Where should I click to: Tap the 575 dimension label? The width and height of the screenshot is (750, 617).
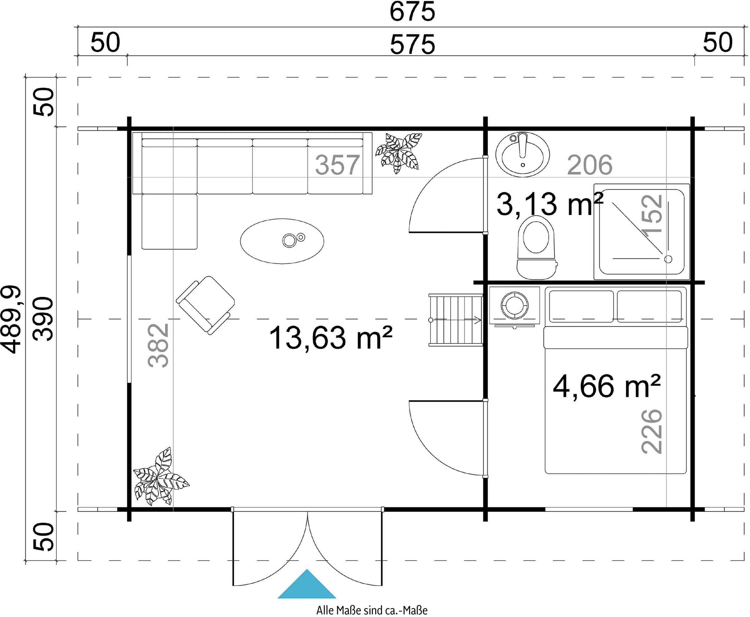click(x=412, y=45)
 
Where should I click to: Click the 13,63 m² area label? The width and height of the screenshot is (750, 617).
click(x=331, y=338)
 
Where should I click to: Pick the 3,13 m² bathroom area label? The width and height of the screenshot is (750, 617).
click(x=549, y=204)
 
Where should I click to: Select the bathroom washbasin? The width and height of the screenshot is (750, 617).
click(x=522, y=154)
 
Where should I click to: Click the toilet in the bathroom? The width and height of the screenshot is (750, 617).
click(x=536, y=247)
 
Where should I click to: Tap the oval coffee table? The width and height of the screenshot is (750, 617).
click(x=282, y=241)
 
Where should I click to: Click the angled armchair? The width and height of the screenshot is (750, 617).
click(x=205, y=305)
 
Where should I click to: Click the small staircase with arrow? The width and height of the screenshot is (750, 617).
click(x=456, y=320)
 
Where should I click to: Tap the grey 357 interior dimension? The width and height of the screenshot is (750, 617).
click(x=337, y=165)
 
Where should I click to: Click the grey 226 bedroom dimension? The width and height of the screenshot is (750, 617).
click(x=652, y=431)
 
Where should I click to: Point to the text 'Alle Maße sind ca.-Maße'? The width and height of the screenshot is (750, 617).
click(x=372, y=610)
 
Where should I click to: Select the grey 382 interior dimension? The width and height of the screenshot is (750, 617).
click(x=158, y=345)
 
